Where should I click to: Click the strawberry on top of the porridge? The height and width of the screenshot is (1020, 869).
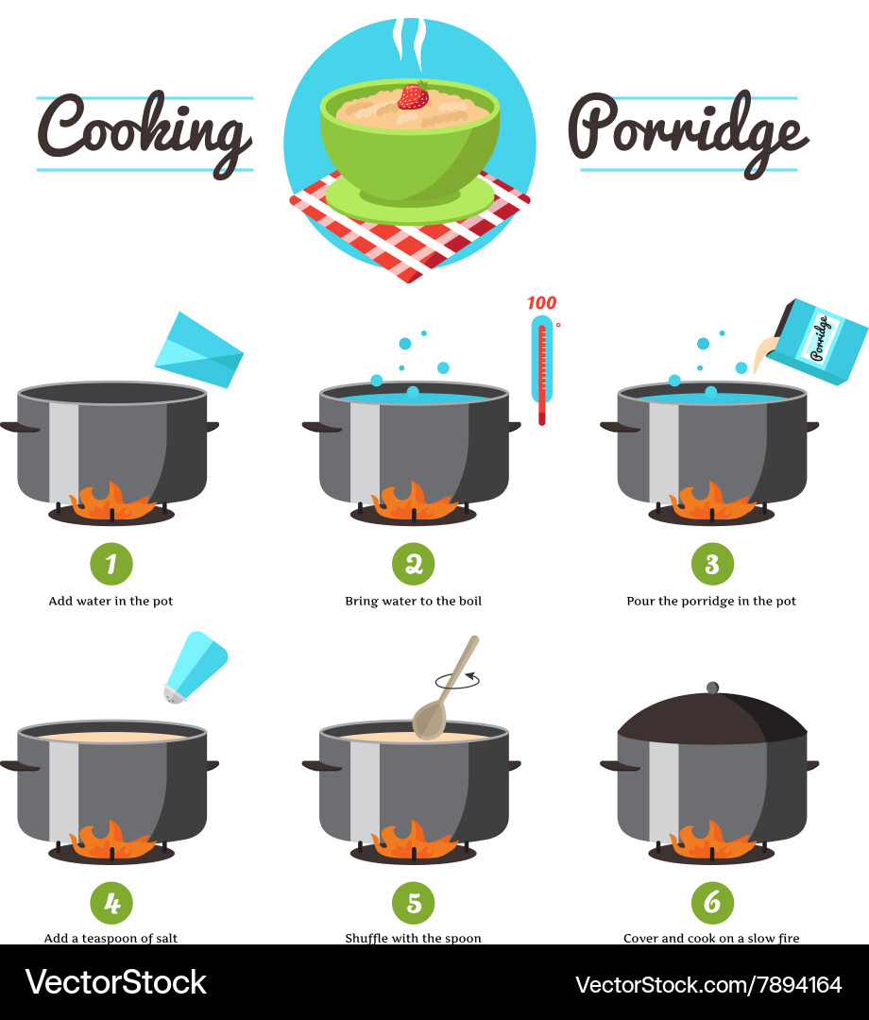pos(412,95)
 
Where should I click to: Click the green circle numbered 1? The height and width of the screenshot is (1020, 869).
pos(111,564)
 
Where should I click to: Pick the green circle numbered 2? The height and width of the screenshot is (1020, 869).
pos(413,564)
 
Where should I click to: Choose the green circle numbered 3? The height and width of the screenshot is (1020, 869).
pos(712,564)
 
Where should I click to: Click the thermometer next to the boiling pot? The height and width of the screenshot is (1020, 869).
pos(542,368)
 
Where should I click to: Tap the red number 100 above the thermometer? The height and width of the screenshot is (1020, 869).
pos(541,303)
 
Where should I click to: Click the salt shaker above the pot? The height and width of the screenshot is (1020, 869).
pos(195,667)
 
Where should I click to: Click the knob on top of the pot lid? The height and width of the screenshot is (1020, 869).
pos(712,687)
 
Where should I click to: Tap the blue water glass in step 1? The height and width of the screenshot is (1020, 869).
pos(198,350)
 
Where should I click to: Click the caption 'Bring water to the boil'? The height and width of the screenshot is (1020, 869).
pos(413,601)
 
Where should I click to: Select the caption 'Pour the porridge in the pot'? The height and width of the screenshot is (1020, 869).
pos(711,601)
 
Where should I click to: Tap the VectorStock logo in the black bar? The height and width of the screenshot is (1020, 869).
pos(115,982)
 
